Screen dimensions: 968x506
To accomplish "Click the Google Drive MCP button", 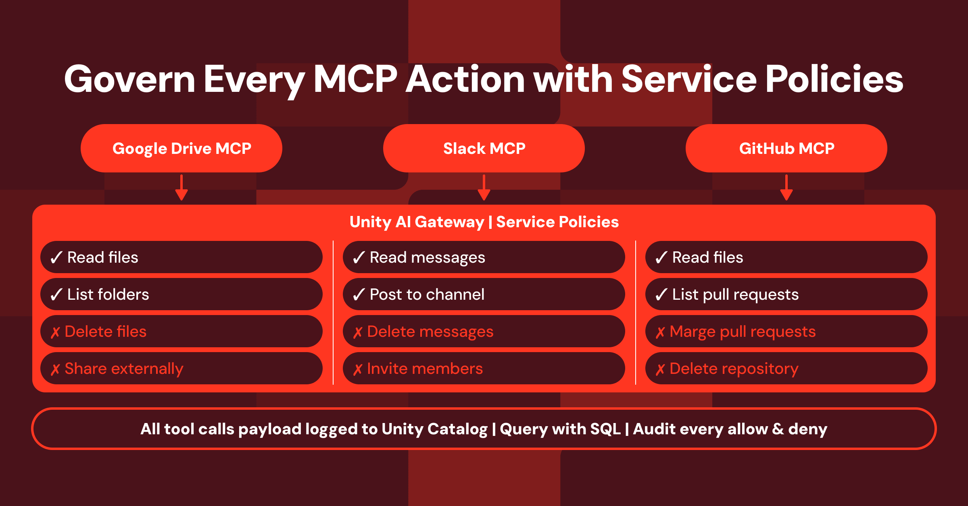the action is click(181, 148).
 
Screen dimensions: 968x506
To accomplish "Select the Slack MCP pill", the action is click(484, 148).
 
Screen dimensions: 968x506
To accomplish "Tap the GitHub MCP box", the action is click(786, 148).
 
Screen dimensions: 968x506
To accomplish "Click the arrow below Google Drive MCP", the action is click(181, 187).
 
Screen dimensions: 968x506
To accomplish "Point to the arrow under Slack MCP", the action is click(484, 187).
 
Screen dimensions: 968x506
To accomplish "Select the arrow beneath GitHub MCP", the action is click(786, 187).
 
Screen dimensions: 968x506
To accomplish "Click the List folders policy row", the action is click(181, 294).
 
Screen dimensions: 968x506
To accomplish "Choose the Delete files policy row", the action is click(181, 331).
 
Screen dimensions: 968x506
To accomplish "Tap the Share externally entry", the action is click(181, 368).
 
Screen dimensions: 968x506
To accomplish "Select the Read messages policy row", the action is click(484, 257).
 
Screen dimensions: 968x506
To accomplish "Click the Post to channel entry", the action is click(484, 294).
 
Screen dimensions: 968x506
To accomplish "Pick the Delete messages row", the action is click(484, 331).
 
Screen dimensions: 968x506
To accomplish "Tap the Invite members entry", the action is click(484, 368).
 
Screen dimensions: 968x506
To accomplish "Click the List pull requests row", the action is click(786, 294).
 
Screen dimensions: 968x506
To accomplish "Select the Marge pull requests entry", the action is click(786, 331).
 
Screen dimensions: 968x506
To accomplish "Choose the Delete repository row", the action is click(786, 368).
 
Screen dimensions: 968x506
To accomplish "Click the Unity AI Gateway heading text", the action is click(417, 222).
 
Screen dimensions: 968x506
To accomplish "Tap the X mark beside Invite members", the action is click(358, 369).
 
